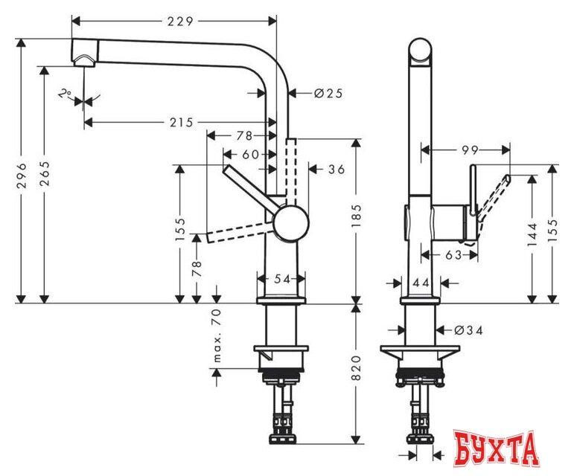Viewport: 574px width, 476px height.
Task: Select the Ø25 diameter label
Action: [x=328, y=93]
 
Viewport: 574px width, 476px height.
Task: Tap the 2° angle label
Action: [x=66, y=94]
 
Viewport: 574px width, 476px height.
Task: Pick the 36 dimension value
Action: [x=336, y=170]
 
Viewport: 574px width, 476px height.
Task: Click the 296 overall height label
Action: [x=22, y=175]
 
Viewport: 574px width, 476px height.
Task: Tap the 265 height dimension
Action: [x=44, y=175]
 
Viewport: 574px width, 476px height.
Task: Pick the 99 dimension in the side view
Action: [x=469, y=150]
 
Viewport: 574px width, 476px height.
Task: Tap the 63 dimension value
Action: [x=452, y=255]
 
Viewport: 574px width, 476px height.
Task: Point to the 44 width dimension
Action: [x=421, y=283]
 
